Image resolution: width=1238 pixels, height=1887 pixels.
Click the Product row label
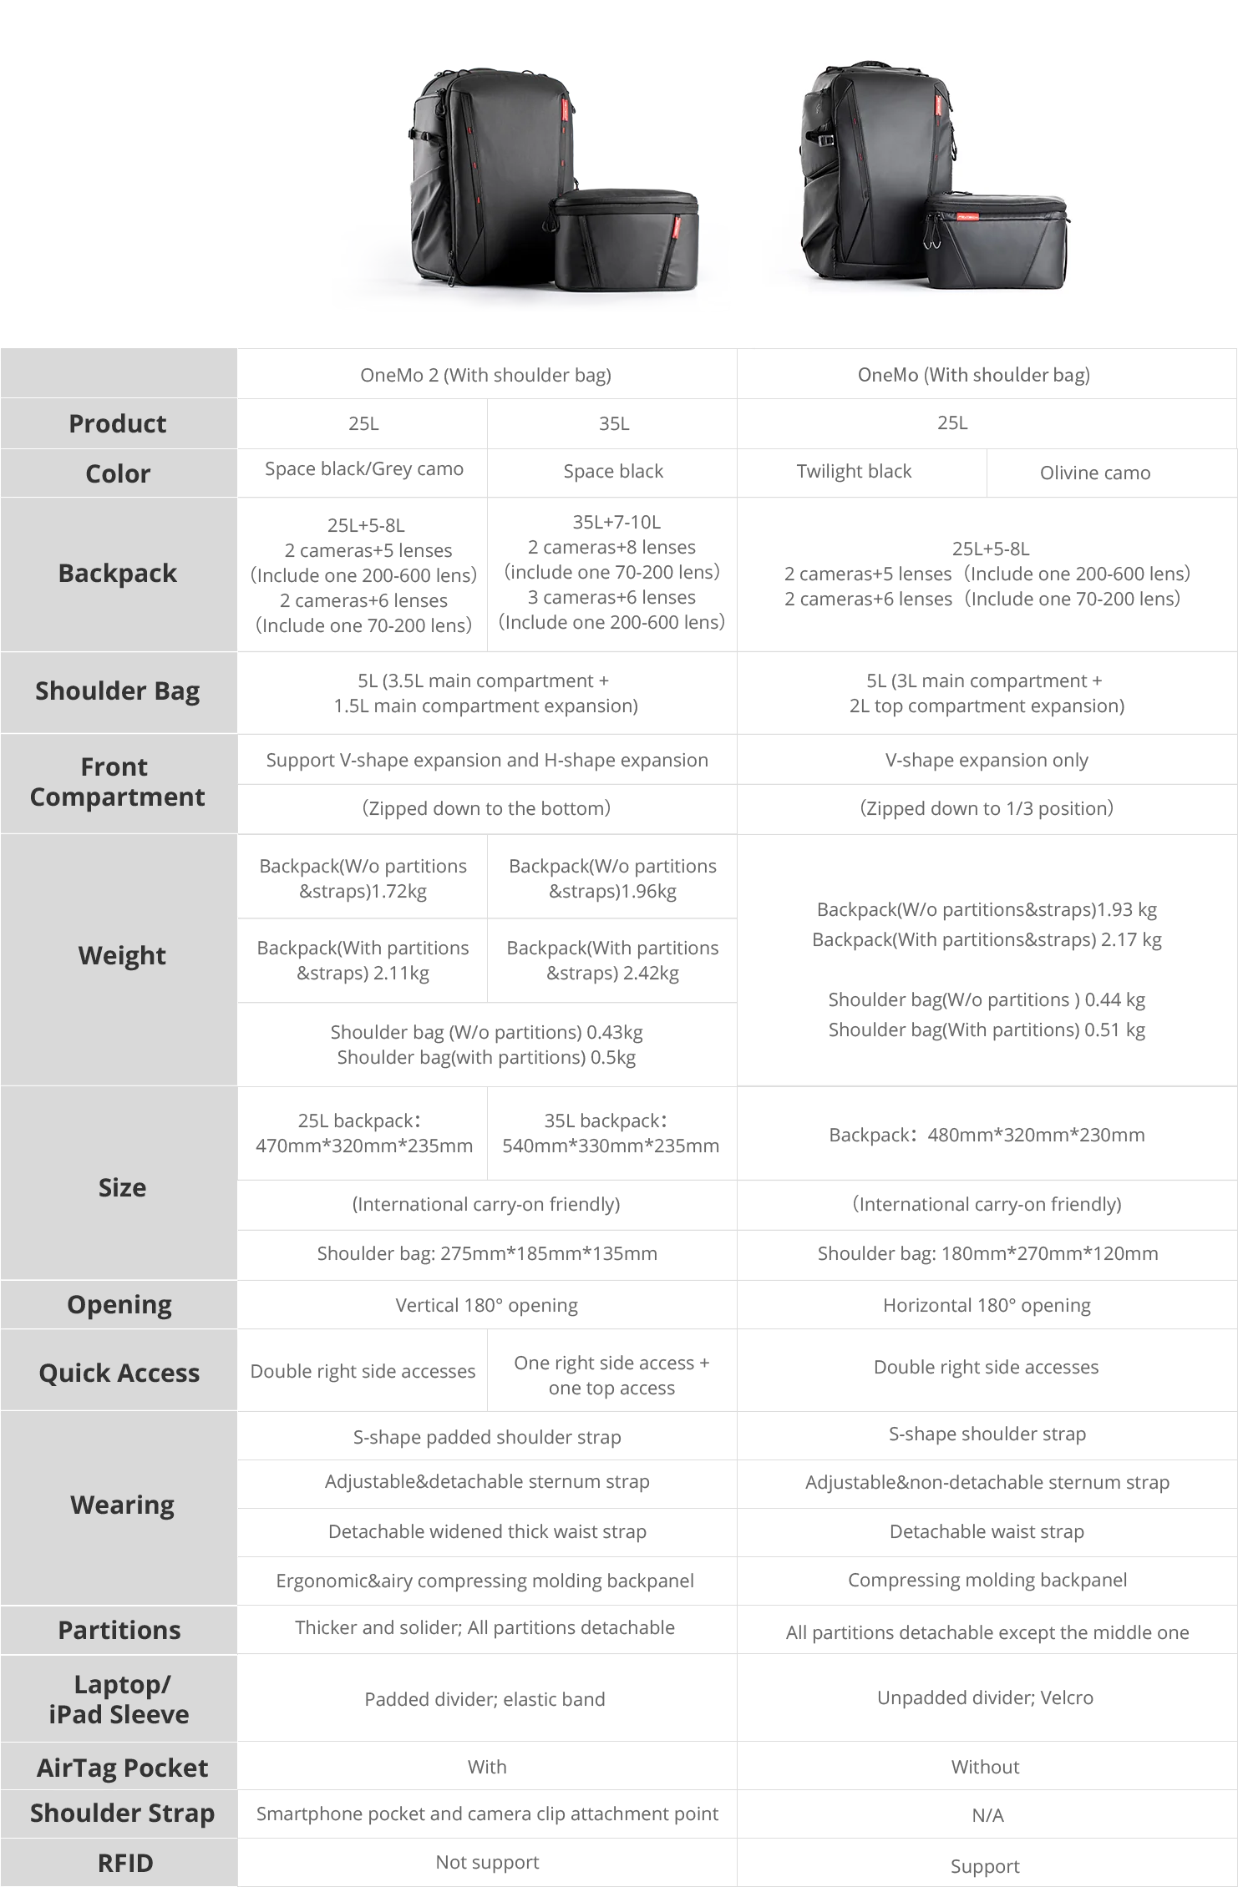[x=118, y=423]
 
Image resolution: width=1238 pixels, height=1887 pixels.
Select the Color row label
[x=118, y=473]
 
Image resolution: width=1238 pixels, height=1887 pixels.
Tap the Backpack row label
[x=118, y=573]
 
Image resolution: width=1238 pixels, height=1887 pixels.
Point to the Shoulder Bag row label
[x=118, y=691]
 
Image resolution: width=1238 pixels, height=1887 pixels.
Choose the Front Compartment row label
[x=118, y=782]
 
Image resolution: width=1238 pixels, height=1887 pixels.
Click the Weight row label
[x=122, y=955]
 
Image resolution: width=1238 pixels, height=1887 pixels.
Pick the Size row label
[x=122, y=1187]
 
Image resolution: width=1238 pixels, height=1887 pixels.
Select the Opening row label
[x=119, y=1304]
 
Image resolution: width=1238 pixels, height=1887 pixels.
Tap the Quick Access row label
[x=119, y=1373]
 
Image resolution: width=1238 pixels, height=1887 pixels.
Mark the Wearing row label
[x=122, y=1505]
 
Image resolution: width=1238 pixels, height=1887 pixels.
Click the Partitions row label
[x=119, y=1630]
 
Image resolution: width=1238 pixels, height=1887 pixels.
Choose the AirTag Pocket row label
[x=122, y=1768]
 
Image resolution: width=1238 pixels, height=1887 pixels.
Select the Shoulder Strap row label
[x=122, y=1813]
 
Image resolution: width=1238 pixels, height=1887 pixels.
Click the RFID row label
[x=122, y=1863]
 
